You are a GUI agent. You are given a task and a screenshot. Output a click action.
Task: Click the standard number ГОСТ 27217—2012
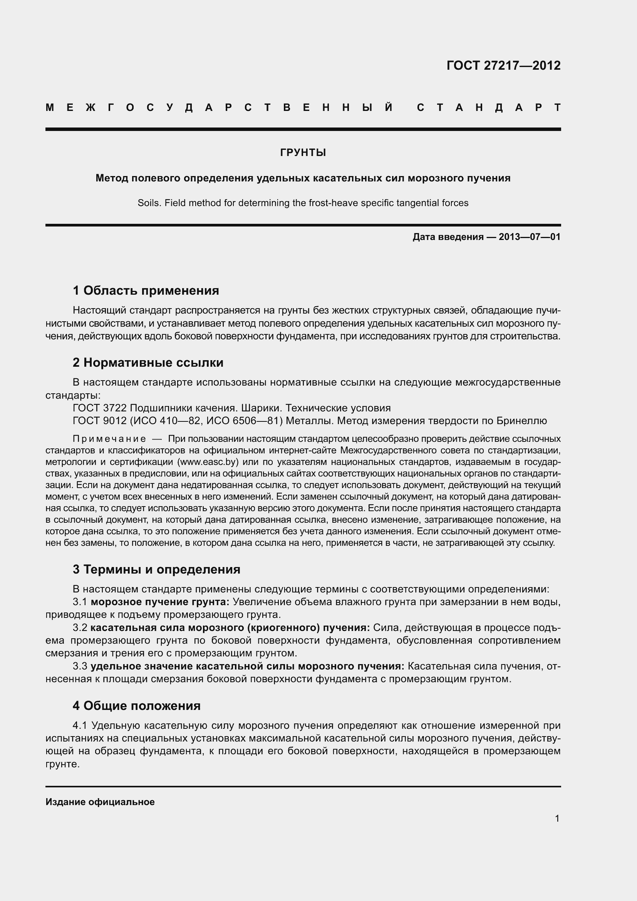[x=503, y=65]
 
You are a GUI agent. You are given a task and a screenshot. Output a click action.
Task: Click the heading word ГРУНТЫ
[x=303, y=153]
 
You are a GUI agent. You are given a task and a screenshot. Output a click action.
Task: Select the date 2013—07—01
[x=530, y=237]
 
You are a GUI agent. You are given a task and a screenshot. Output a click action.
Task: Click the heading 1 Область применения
[x=146, y=291]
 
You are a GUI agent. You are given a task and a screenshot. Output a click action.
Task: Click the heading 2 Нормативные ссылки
[x=148, y=362]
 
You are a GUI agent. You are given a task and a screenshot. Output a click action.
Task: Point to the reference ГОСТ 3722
[x=100, y=408]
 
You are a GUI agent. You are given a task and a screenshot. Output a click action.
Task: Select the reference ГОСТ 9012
[x=100, y=421]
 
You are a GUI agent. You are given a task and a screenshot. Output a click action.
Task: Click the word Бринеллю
[x=521, y=421]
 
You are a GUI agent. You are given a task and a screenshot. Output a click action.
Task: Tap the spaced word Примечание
[x=109, y=439]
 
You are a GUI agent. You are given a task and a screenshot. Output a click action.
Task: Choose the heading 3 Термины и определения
[x=156, y=569]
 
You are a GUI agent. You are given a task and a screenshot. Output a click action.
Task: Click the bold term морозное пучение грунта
[x=160, y=602]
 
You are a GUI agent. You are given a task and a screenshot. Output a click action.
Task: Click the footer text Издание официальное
[x=100, y=802]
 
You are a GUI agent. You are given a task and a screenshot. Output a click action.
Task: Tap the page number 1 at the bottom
[x=557, y=819]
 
